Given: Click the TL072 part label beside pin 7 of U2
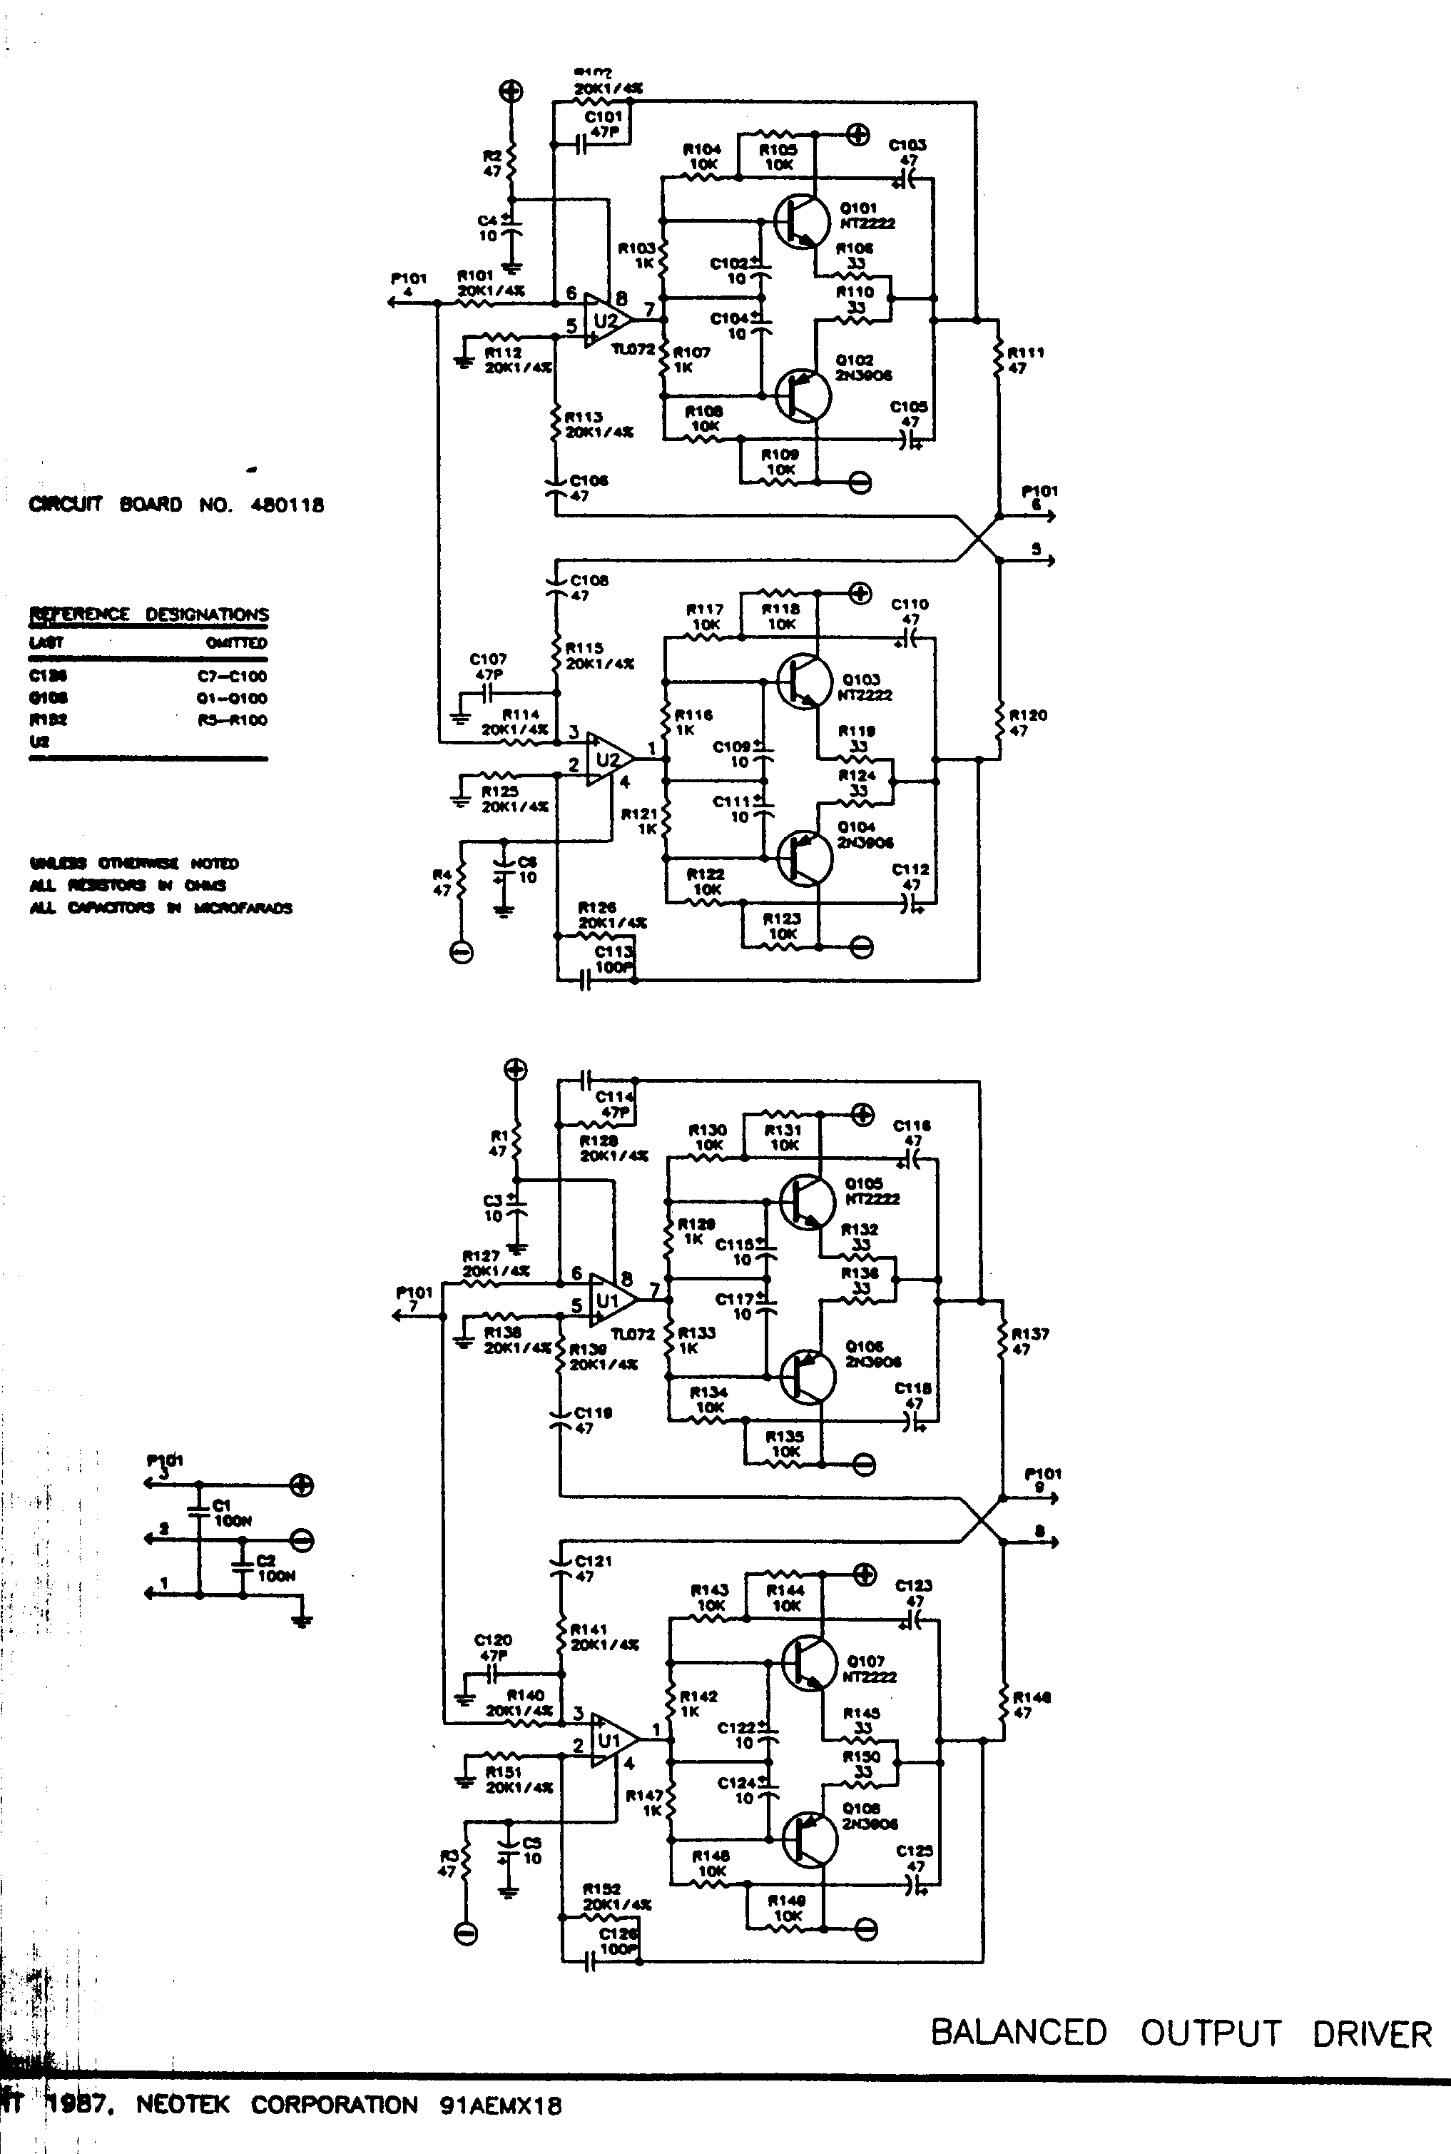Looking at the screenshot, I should click(633, 349).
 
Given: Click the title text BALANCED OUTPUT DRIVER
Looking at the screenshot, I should click(1181, 2033).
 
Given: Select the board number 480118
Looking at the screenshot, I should click(287, 505).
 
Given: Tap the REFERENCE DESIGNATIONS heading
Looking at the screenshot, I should click(150, 615).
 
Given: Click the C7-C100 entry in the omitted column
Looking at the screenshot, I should click(233, 676).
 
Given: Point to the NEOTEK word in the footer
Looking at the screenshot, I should click(183, 2104).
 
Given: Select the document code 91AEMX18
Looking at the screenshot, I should click(501, 2104).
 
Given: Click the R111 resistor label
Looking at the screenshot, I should click(1025, 359).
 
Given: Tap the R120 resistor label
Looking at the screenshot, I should click(1027, 722).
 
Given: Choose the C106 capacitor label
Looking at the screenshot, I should click(588, 487).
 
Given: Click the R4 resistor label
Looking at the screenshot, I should click(442, 882).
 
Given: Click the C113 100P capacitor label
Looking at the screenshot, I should click(614, 959).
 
